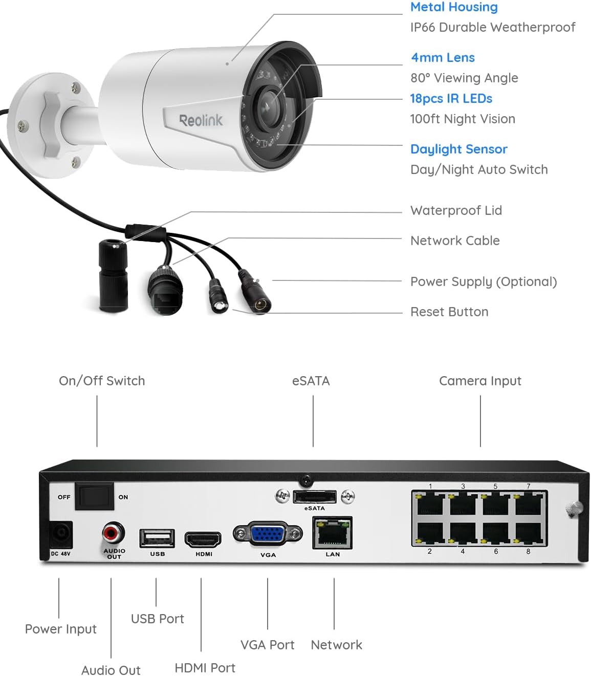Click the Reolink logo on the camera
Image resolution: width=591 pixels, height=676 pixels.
[201, 120]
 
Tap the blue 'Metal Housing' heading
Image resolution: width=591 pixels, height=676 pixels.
[454, 7]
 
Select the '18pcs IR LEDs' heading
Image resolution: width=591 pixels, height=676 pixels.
[451, 98]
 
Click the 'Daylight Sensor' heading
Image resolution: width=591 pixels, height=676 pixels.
[458, 149]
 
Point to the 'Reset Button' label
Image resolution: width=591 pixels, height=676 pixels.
[449, 312]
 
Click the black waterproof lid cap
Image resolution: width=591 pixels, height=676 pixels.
[113, 276]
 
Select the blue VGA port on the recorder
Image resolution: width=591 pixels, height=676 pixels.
[268, 534]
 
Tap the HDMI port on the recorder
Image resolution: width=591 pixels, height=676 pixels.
[203, 539]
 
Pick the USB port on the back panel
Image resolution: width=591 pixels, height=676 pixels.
[157, 538]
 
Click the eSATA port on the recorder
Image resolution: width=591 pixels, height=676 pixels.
[315, 496]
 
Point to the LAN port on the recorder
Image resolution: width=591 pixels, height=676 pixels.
[332, 533]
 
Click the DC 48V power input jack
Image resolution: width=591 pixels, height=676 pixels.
[61, 535]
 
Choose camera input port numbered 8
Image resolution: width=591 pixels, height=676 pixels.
[529, 533]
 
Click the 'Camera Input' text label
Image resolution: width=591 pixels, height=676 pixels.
[480, 381]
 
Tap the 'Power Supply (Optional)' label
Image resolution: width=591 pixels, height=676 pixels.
[484, 281]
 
